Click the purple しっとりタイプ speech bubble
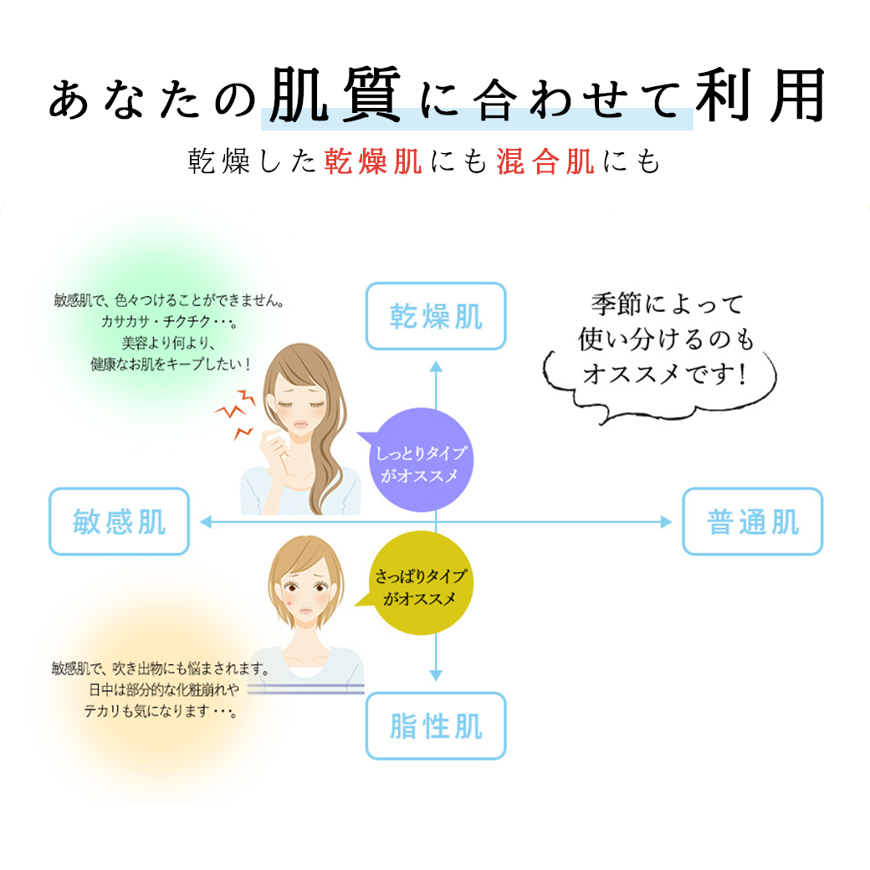coord(421,460)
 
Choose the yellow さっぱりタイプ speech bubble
coord(421,582)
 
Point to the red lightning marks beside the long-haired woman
coord(235,413)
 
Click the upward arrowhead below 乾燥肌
coord(436,366)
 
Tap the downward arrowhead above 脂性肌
coord(436,675)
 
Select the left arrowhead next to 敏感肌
coord(205,521)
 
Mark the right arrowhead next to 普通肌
coord(667,521)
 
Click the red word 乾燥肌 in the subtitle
coord(373,161)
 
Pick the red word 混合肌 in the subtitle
coord(545,161)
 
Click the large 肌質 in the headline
coord(335,95)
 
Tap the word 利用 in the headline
coord(760,95)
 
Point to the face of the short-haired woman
coord(305,590)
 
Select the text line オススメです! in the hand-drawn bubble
coord(663,373)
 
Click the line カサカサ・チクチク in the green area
coord(169,321)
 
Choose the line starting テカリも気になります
coord(161,711)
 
